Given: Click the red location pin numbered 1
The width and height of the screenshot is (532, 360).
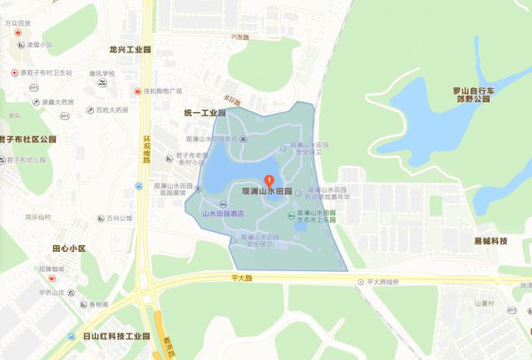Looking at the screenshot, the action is [268, 180].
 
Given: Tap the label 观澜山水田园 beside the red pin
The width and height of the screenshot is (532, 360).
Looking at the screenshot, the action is [267, 191].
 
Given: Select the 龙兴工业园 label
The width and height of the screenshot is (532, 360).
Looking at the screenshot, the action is [131, 49].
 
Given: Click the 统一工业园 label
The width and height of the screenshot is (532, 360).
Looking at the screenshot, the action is [204, 112].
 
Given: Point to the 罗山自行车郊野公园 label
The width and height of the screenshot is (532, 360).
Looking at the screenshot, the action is [473, 98].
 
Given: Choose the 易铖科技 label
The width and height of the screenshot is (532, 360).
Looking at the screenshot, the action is [491, 240].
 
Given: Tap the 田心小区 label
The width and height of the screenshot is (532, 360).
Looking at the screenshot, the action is [68, 249].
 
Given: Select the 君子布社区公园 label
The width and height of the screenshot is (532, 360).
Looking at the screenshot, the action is [27, 139].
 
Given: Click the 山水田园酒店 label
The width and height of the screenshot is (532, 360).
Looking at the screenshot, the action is [222, 214].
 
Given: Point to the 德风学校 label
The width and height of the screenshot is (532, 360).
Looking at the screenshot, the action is [101, 73].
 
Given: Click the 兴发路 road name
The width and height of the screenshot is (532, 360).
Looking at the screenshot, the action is [240, 37].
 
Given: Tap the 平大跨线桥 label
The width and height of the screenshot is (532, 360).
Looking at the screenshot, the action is [383, 282].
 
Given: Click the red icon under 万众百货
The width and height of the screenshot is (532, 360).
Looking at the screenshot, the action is [18, 32].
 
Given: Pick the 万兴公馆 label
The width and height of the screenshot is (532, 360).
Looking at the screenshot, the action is [119, 219].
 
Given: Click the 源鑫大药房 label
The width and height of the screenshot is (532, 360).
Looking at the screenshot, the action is [58, 101].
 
